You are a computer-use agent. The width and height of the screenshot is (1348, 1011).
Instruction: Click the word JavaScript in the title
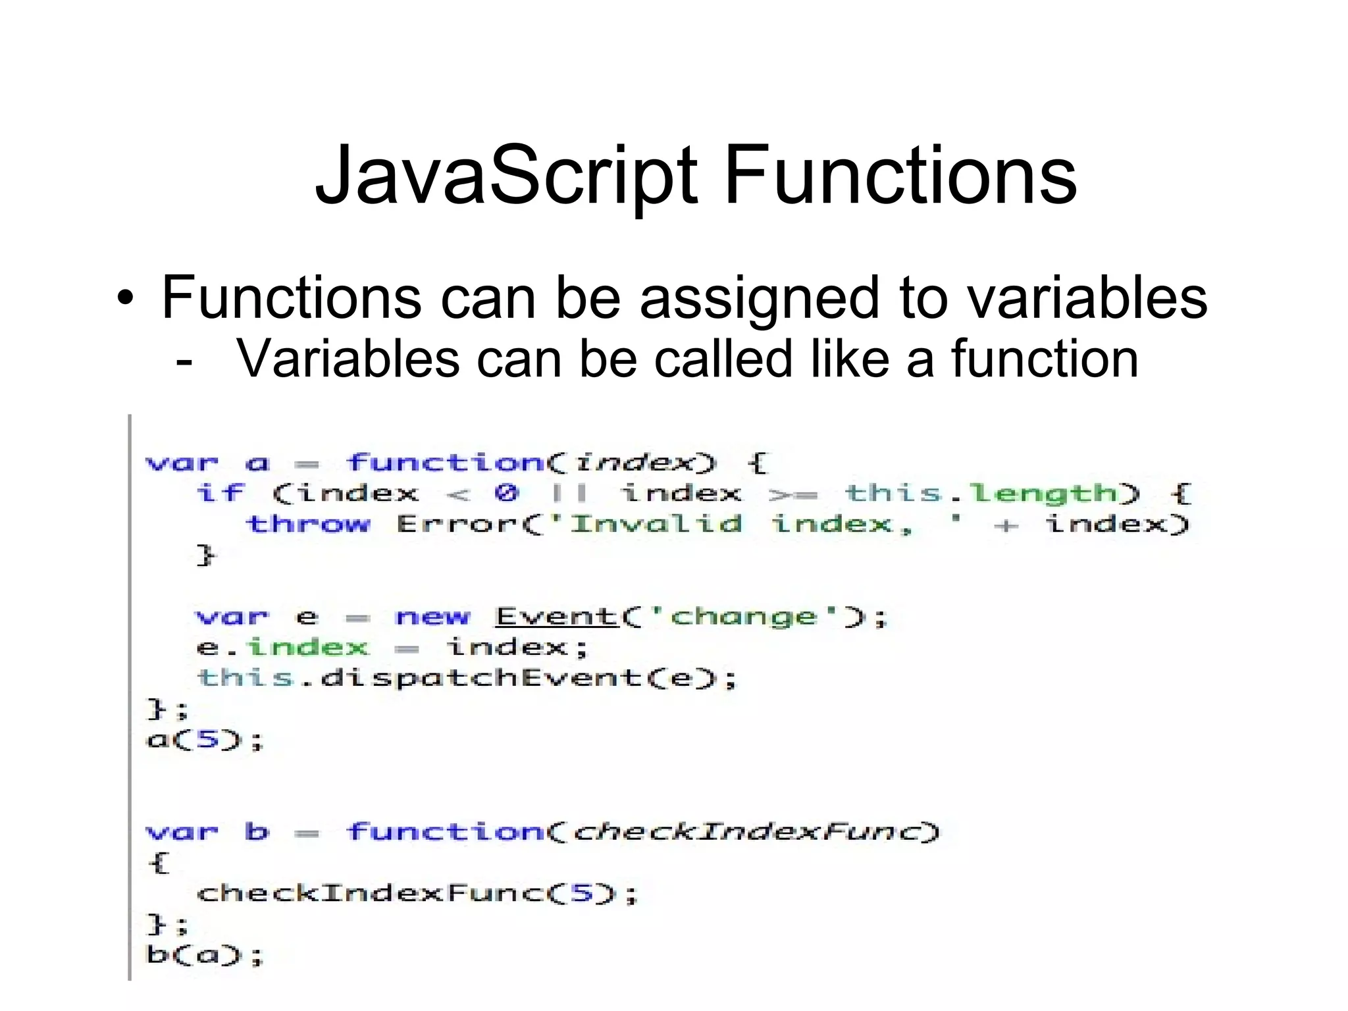(505, 176)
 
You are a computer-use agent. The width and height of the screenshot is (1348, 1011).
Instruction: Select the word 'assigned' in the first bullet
(760, 299)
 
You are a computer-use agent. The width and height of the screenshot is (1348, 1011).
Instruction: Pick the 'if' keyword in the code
(220, 493)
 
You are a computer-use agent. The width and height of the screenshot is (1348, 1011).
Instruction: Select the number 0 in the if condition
(506, 493)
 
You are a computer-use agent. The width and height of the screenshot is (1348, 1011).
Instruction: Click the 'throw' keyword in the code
(307, 524)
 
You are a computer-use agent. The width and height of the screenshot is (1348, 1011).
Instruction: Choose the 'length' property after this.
(1043, 493)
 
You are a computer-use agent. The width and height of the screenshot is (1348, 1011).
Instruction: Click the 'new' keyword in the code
(432, 617)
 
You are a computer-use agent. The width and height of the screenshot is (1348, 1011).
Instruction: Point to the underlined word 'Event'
(556, 617)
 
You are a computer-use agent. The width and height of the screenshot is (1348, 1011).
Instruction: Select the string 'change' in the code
(743, 617)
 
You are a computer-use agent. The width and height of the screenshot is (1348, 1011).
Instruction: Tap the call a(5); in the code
(204, 740)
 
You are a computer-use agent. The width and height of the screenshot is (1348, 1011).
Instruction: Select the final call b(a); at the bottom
(204, 954)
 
